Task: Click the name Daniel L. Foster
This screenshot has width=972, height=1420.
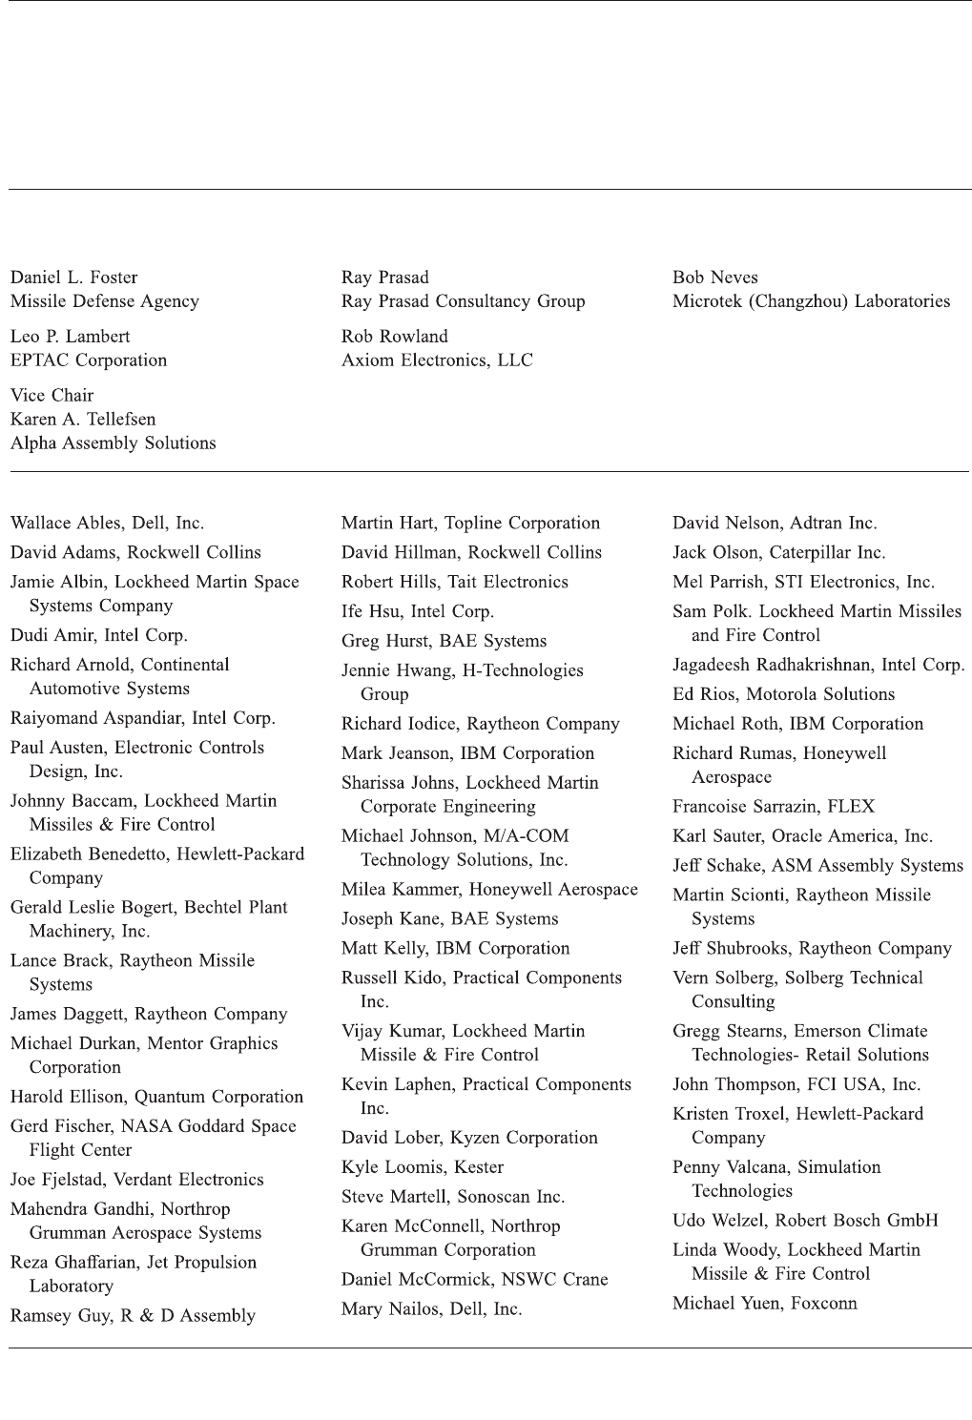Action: tap(73, 278)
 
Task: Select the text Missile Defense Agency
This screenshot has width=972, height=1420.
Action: tap(105, 301)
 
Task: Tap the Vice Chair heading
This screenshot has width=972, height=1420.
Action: tap(52, 396)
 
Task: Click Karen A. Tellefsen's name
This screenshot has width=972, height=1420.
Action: tap(83, 420)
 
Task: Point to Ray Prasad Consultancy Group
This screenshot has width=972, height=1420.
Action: tap(463, 301)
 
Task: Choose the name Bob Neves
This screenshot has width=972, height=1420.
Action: tap(714, 278)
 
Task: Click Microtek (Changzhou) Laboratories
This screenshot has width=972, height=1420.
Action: tap(811, 301)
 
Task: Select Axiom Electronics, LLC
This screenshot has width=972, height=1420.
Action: tap(437, 360)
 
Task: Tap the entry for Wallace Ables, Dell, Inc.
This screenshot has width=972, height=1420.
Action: tap(107, 524)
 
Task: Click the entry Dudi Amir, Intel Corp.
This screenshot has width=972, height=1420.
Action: tap(98, 635)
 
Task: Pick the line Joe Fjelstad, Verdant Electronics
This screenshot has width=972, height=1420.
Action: tap(136, 1180)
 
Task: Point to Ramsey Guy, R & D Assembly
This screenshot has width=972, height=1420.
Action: tap(133, 1316)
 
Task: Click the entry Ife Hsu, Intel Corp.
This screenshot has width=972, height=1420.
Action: tap(417, 611)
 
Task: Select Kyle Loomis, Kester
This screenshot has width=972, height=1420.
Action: tap(422, 1167)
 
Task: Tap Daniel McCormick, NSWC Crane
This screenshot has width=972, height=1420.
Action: tap(474, 1280)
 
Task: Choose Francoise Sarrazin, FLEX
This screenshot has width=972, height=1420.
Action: tap(773, 807)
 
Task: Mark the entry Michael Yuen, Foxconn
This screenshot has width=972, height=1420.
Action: tap(764, 1304)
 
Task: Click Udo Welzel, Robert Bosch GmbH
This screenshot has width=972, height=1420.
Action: tap(805, 1221)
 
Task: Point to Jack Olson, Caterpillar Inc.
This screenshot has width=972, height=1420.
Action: tap(778, 553)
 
